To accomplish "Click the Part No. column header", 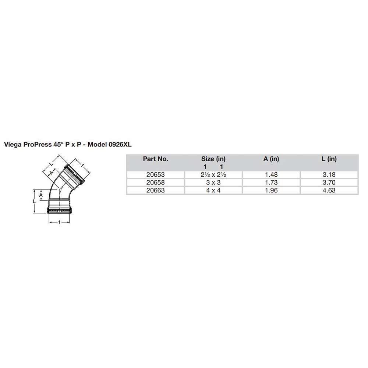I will pyautogui.click(x=156, y=159).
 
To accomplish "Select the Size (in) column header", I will pyautogui.click(x=213, y=159).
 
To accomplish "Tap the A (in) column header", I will pyautogui.click(x=271, y=159).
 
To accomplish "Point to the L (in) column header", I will pyautogui.click(x=329, y=159).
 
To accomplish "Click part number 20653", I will pyautogui.click(x=156, y=175).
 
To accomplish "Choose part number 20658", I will pyautogui.click(x=156, y=183).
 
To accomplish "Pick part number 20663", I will pyautogui.click(x=156, y=190).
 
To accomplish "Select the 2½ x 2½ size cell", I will pyautogui.click(x=213, y=175).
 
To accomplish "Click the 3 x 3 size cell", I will pyautogui.click(x=213, y=183).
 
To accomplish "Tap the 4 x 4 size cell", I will pyautogui.click(x=213, y=190).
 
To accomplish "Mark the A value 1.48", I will pyautogui.click(x=271, y=175).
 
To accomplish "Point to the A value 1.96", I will pyautogui.click(x=271, y=190).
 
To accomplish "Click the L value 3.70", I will pyautogui.click(x=329, y=183).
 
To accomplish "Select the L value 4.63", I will pyautogui.click(x=329, y=190).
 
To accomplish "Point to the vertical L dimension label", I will pyautogui.click(x=34, y=201).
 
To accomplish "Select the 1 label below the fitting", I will pyautogui.click(x=60, y=222).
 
